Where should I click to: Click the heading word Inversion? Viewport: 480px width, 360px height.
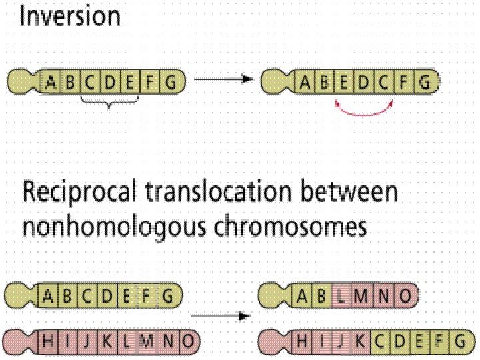(x=70, y=16)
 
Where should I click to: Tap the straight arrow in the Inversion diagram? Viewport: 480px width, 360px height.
(x=224, y=79)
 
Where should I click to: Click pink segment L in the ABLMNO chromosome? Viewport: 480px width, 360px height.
(x=340, y=294)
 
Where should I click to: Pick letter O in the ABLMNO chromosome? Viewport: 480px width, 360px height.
(x=407, y=294)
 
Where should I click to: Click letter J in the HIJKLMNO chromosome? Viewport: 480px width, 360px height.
(x=86, y=342)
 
